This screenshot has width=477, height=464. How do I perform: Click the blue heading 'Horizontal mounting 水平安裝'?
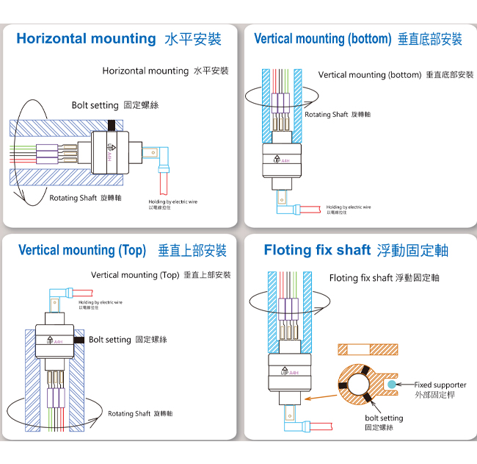tap(118, 39)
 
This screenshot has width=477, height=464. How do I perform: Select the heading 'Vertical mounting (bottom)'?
tap(357, 39)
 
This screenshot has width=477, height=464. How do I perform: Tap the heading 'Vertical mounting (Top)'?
tap(122, 251)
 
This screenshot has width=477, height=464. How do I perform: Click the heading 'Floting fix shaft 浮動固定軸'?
tap(356, 251)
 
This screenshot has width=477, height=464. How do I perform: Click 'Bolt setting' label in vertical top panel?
tap(128, 340)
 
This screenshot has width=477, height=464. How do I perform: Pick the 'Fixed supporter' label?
tap(440, 385)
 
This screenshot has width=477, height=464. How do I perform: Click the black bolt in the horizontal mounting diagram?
tap(112, 126)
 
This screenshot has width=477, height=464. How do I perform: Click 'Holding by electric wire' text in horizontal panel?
tap(173, 202)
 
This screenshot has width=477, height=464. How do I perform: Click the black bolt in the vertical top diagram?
tap(78, 340)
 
